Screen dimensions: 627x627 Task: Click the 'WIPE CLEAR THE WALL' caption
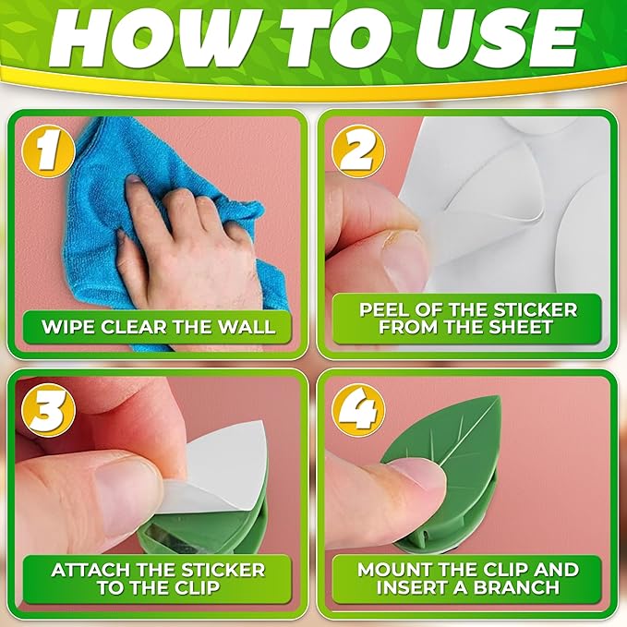(158, 325)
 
